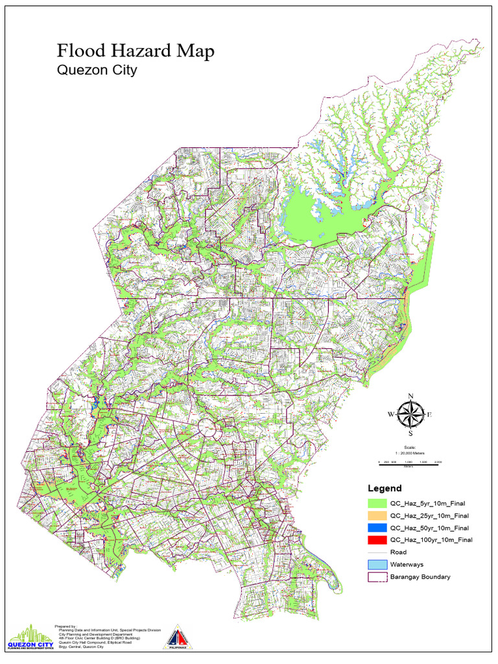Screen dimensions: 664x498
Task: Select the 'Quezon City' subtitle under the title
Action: pos(97,71)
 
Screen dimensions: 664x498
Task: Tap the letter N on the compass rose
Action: pos(410,396)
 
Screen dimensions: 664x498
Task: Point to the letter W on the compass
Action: pos(390,414)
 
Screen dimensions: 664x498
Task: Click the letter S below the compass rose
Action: pos(410,433)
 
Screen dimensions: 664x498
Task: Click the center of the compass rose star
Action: pos(410,414)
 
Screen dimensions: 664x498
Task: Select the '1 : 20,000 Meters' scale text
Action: pos(410,452)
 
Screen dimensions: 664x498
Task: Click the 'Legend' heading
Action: pos(385,488)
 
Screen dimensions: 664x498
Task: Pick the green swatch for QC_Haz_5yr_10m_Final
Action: pos(377,503)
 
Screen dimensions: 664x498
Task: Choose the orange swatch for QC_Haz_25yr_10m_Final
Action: pos(377,516)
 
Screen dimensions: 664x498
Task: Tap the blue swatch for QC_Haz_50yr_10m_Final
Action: pos(377,528)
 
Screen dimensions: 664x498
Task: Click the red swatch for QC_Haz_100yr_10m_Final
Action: pos(377,539)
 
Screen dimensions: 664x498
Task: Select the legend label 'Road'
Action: pos(398,552)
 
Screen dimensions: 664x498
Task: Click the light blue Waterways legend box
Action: pos(377,564)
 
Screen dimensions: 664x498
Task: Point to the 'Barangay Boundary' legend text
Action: pos(420,576)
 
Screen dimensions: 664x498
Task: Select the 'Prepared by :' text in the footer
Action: pos(66,627)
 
